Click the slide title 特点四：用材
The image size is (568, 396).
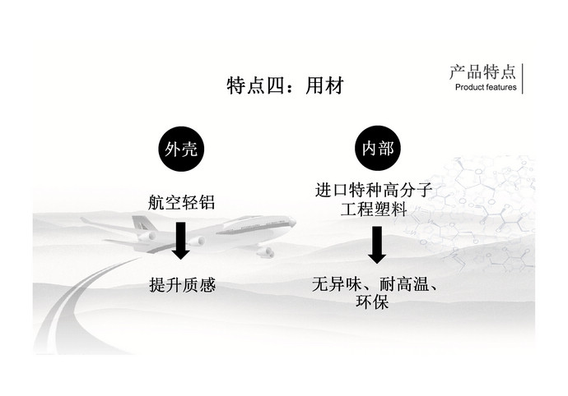283,85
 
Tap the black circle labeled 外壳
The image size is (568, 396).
180,150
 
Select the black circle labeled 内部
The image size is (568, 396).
376,150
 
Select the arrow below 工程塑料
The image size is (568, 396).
376,245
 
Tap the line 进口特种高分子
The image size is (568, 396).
375,191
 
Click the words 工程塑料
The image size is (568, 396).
375,210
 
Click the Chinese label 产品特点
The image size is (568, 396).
483,71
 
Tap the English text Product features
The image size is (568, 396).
486,87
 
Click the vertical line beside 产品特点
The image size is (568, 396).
524,77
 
